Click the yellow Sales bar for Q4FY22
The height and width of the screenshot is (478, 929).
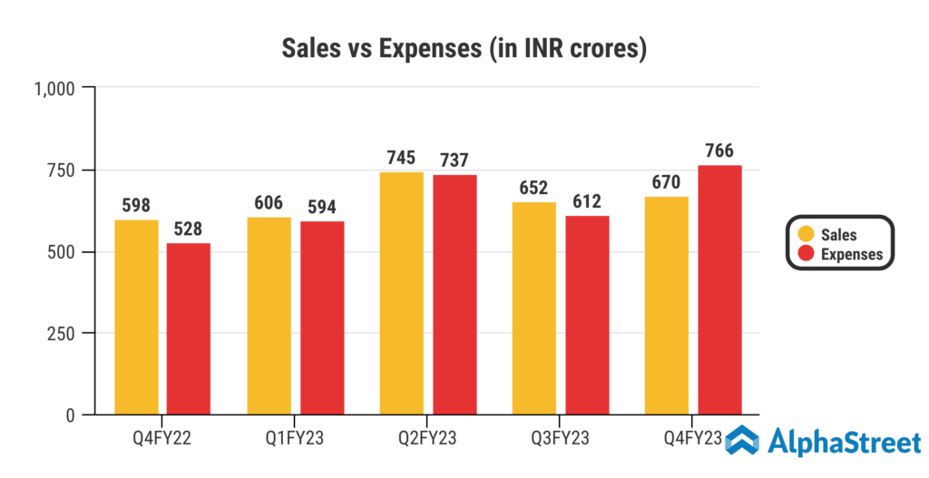point(136,317)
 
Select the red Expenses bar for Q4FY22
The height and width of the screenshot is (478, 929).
point(189,328)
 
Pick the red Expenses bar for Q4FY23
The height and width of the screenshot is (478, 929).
point(719,290)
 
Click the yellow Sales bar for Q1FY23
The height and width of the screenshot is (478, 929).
point(269,316)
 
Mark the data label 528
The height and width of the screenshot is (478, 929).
point(189,228)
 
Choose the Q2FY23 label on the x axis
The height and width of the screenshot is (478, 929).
point(427,439)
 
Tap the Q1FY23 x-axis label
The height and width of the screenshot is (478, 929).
point(295,439)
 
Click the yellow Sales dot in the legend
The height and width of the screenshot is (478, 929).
point(803,235)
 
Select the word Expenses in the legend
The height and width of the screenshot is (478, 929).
point(851,254)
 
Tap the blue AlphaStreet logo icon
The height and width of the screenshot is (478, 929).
point(741,442)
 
